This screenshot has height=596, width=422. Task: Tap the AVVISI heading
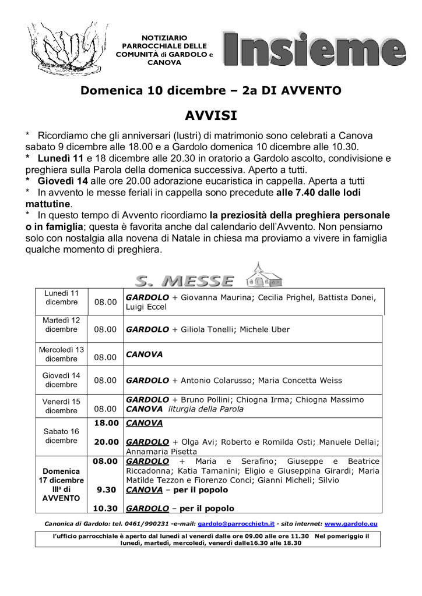click(211, 114)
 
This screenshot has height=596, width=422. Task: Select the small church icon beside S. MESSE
click(264, 274)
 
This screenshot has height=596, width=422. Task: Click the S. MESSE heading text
click(184, 281)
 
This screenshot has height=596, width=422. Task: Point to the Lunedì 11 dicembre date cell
click(62, 297)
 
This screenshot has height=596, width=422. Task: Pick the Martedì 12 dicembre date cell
click(62, 325)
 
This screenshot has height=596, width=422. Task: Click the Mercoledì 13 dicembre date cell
click(62, 354)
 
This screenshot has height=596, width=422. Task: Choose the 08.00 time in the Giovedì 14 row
click(105, 381)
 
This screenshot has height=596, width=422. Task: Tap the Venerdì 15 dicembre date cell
click(62, 406)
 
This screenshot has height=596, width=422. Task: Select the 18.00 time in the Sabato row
click(107, 423)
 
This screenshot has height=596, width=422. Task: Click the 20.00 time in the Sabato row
click(107, 442)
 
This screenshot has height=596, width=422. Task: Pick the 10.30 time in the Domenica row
click(106, 508)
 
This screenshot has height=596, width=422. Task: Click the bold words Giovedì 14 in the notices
click(56, 180)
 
